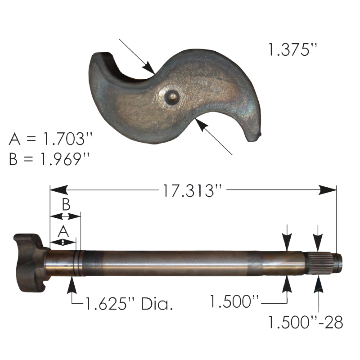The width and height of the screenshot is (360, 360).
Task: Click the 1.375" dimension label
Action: (293, 50)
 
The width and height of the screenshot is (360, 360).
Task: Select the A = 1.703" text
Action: (50, 139)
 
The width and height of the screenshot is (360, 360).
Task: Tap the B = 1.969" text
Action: (50, 160)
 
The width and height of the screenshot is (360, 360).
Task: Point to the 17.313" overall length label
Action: (193, 190)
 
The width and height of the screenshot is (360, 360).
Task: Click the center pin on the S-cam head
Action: (172, 95)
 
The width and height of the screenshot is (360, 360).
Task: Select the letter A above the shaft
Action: (63, 231)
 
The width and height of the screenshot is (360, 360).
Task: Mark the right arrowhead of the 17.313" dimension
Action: (331, 190)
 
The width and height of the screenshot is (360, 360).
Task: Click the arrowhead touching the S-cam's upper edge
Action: (149, 68)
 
